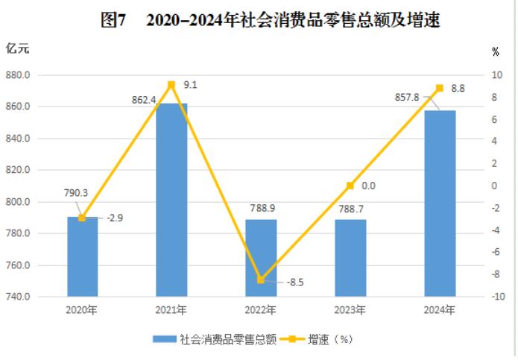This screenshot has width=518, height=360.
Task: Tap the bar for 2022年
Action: pyautogui.click(x=261, y=257)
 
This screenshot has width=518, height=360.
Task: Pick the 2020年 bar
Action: pyautogui.click(x=82, y=256)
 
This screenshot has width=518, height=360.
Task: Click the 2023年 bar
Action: pyautogui.click(x=350, y=257)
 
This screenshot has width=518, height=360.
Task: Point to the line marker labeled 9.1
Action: pyautogui.click(x=171, y=85)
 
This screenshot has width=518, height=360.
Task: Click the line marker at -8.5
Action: pyautogui.click(x=261, y=280)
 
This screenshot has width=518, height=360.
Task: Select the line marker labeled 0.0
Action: pyautogui.click(x=350, y=186)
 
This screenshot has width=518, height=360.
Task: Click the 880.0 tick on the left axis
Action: pyautogui.click(x=17, y=75)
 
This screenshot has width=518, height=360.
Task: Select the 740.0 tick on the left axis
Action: pyautogui.click(x=17, y=297)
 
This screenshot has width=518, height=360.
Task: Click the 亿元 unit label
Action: pyautogui.click(x=18, y=49)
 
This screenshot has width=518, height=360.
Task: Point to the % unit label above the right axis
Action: pyautogui.click(x=496, y=51)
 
